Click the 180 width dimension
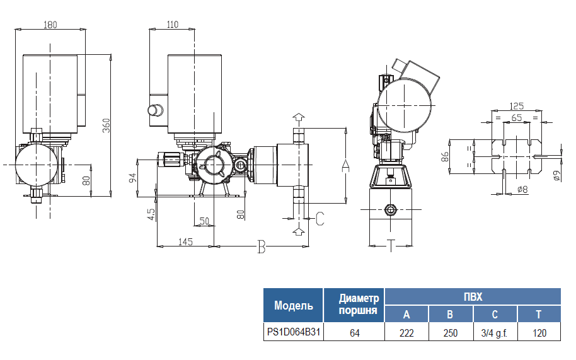(50, 25)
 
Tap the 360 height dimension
(107, 126)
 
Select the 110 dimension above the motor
(172, 25)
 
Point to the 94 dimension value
(132, 177)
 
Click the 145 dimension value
(185, 241)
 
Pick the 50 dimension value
(204, 221)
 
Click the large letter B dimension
(261, 247)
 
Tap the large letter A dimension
(345, 165)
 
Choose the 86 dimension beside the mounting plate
(445, 156)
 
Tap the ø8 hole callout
(522, 189)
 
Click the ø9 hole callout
(556, 176)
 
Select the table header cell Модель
(293, 306)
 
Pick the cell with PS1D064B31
(293, 332)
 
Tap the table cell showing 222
(406, 333)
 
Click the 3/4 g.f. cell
(495, 333)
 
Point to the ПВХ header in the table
(473, 296)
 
